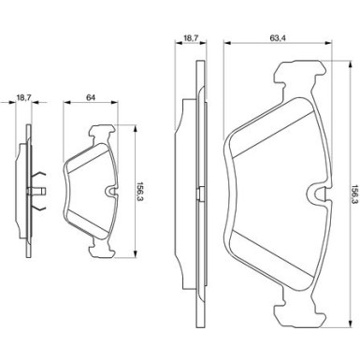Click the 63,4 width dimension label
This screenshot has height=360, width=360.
click(278, 37)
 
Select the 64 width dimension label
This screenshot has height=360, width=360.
click(91, 97)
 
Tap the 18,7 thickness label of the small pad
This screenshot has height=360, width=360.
click(23, 97)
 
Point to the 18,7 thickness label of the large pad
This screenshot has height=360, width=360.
click(191, 37)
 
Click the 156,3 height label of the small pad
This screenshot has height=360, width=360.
click(139, 192)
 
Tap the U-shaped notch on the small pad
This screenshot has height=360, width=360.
click(110, 192)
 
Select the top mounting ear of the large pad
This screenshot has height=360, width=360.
click(299, 72)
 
